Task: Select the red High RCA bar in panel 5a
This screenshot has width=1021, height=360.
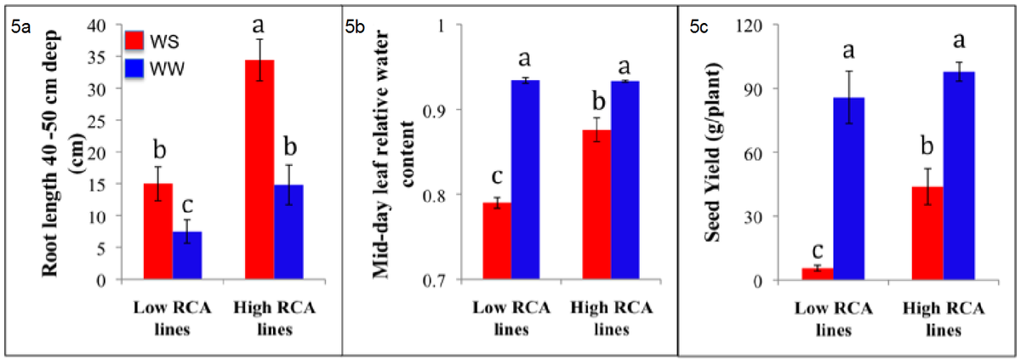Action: (260, 169)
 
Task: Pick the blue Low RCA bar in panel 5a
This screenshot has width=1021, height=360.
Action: (187, 255)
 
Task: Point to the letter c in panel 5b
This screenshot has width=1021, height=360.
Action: (497, 176)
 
